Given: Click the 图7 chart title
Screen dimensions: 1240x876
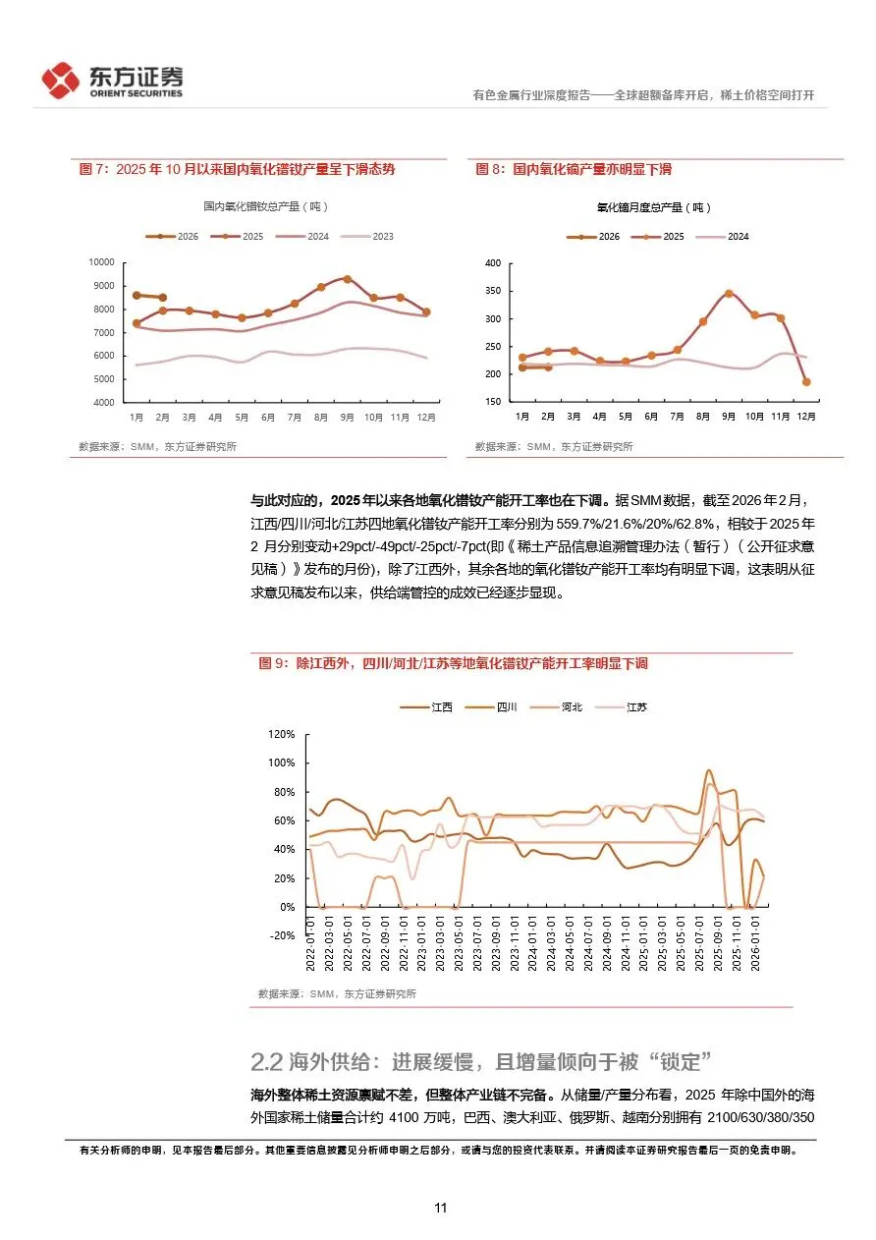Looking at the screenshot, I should [x=236, y=170].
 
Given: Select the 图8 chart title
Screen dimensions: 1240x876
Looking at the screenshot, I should [x=574, y=170].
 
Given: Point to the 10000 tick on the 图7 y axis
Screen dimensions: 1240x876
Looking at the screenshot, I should [x=101, y=262].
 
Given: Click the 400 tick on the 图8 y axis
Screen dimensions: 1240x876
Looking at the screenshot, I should [x=492, y=263].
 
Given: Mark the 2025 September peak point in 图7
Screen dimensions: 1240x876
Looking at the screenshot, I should [x=347, y=279].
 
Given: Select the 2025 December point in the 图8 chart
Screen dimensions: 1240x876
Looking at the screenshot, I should [x=805, y=381].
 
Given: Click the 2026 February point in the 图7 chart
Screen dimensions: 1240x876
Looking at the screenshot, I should [x=162, y=298].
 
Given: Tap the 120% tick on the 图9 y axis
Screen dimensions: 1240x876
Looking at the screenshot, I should [x=281, y=735].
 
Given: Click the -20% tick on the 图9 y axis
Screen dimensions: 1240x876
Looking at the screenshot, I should [x=282, y=935].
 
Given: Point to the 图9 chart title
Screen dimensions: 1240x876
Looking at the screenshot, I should [x=453, y=663].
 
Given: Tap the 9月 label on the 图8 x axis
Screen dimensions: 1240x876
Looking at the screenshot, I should [x=728, y=417].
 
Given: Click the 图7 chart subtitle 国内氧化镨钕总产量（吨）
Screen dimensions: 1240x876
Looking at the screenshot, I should [x=265, y=206].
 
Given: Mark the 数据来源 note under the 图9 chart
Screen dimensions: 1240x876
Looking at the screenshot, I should [x=336, y=993].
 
